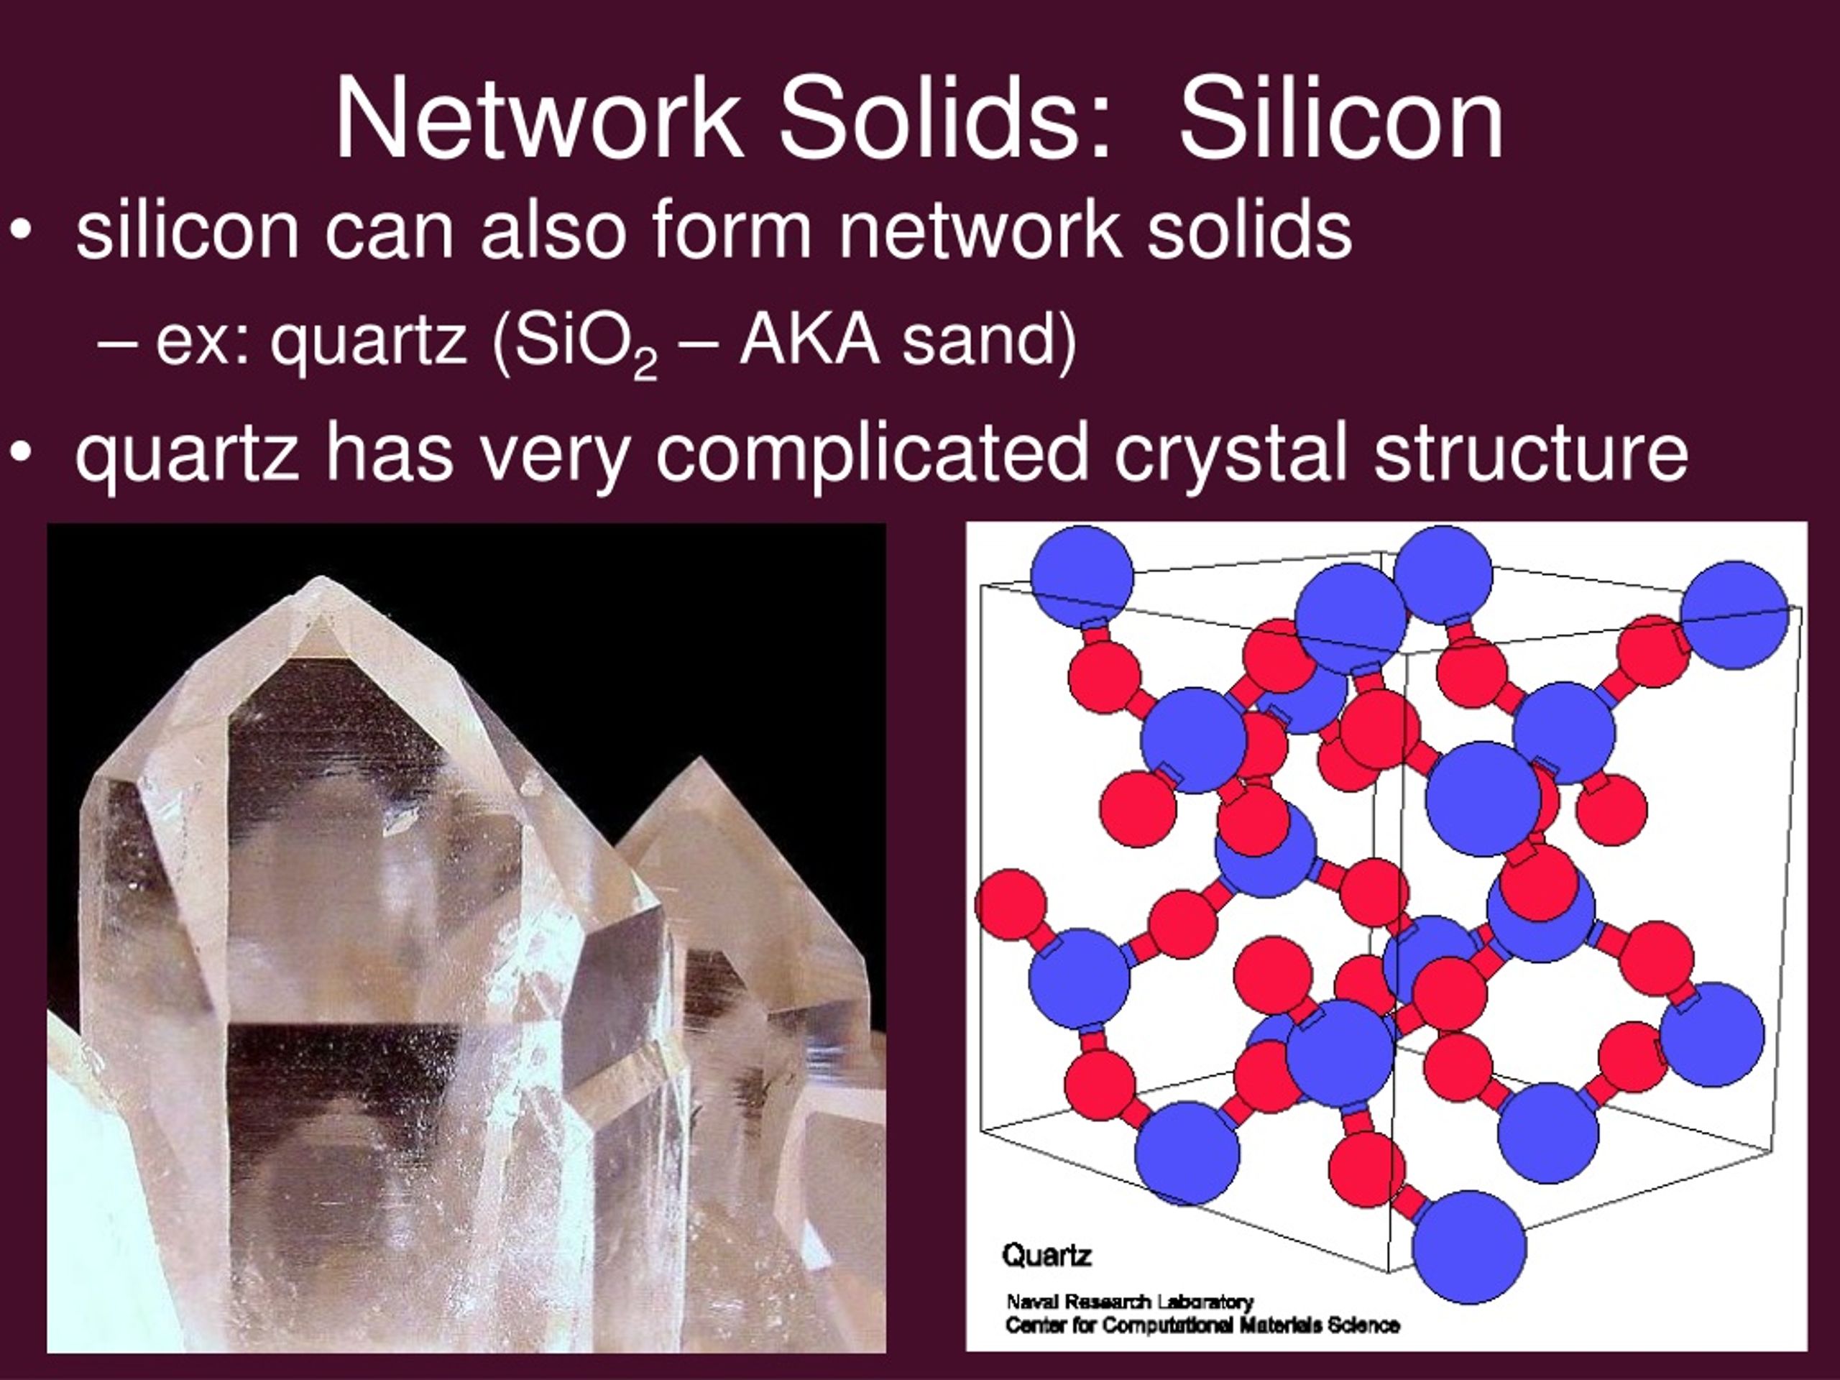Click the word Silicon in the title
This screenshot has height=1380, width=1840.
(1341, 118)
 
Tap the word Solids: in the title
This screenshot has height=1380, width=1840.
(945, 118)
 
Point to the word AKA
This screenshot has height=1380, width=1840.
(809, 341)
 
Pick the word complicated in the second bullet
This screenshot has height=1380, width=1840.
(872, 454)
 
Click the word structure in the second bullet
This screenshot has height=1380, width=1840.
(1530, 454)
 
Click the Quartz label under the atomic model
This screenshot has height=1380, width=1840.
(1046, 1255)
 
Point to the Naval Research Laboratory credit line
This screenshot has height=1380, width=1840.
(1128, 1302)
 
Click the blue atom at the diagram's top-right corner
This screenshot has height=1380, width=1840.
(1733, 614)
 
